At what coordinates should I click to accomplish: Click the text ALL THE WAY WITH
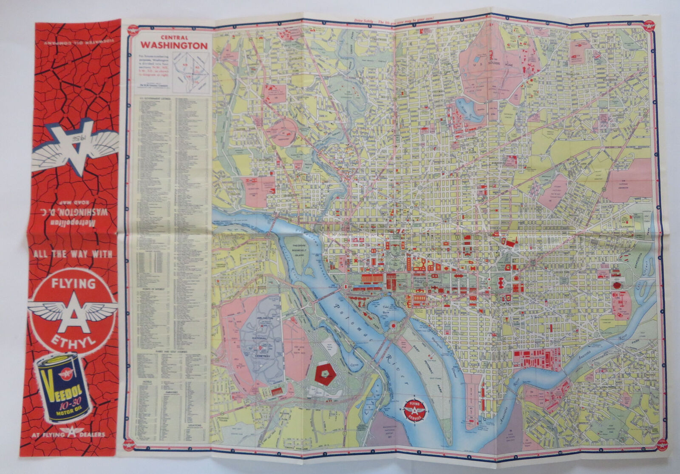(73, 254)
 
